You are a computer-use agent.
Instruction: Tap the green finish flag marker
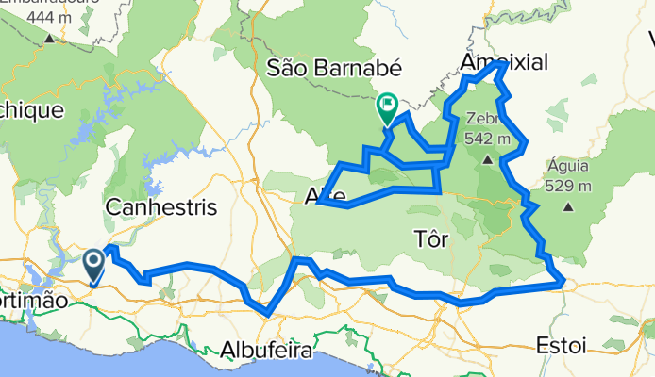387,108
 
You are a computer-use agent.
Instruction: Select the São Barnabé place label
335,68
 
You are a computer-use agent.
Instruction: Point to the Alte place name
326,197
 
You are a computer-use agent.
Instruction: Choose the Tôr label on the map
431,239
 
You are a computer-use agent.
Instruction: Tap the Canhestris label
162,206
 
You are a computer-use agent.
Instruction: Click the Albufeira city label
266,351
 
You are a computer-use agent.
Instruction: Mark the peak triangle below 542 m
488,160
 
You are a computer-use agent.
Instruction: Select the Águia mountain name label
569,167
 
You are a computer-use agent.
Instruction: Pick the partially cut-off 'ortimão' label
34,299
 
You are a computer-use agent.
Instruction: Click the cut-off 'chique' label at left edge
30,110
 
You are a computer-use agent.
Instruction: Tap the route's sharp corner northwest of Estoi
563,281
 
